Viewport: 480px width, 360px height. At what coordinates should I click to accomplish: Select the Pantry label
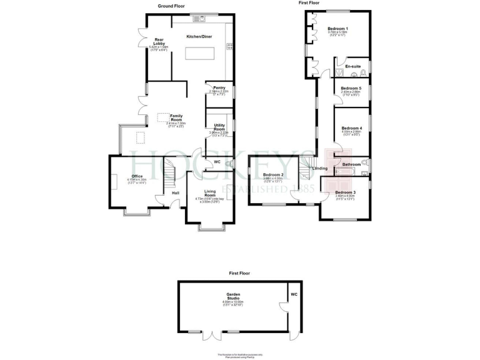(219, 87)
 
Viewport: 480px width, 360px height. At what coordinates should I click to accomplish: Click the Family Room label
(167, 117)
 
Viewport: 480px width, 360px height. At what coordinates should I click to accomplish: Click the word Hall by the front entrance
(176, 192)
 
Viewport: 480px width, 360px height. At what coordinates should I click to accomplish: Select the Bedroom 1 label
(337, 29)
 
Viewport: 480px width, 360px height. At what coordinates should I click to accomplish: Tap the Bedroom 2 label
(274, 174)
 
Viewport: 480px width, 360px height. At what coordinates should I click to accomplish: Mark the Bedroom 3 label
(345, 192)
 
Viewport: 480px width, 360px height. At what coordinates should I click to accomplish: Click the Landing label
(320, 169)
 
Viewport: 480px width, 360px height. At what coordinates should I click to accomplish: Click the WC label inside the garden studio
(294, 293)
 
